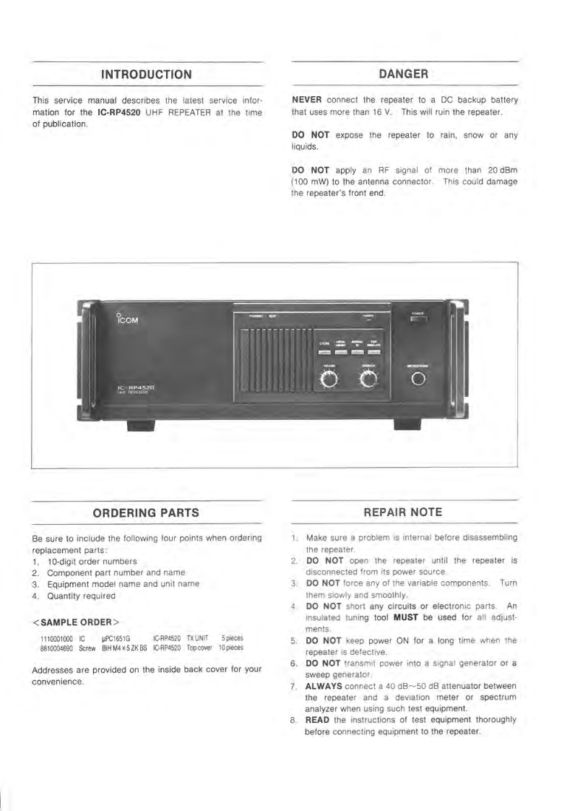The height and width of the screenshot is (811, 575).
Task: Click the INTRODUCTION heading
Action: click(147, 74)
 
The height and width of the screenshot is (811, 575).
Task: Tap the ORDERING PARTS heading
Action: click(146, 513)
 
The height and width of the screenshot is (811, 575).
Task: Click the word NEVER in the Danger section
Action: click(306, 99)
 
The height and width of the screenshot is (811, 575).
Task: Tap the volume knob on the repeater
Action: click(329, 381)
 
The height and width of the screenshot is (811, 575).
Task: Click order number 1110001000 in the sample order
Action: click(56, 639)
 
